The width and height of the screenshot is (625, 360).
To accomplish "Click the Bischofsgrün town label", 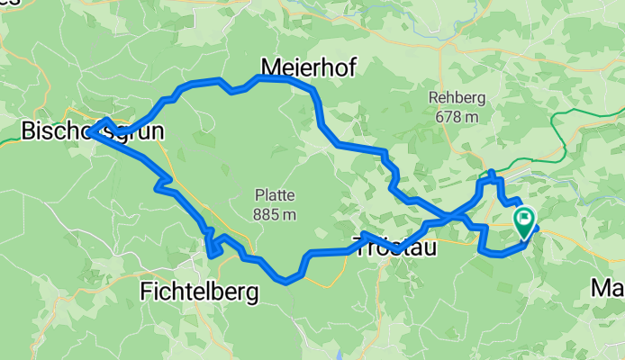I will pos(92,133).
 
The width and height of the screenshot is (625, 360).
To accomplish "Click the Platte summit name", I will pos(275,196).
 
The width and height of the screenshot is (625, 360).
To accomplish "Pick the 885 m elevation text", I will pos(275,214).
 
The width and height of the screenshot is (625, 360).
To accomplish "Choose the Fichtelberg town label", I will pos(199,292).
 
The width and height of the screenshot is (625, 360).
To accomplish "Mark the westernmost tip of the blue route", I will pos(89,132).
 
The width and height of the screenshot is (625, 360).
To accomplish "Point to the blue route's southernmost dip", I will pos(286,281).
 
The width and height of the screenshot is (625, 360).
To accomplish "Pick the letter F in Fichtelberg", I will pos(147,292).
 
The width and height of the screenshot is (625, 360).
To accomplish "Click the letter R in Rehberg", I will pos(434,98).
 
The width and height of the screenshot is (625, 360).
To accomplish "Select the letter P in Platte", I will pos(258,196).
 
